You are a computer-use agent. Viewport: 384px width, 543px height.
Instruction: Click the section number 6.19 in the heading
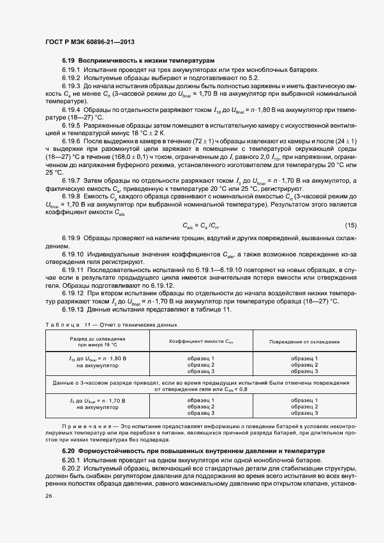69,60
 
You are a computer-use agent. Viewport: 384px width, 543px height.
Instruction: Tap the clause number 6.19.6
71,141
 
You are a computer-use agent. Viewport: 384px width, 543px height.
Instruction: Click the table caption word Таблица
60,325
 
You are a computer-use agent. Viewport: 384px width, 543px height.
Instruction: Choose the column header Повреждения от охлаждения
304,342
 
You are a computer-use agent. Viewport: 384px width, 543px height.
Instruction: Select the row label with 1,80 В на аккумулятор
97,362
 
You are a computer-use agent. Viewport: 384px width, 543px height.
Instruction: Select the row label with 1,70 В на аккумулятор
97,404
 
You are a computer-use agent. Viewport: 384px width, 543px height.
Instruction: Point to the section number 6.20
69,451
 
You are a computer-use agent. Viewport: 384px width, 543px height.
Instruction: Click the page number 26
48,496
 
